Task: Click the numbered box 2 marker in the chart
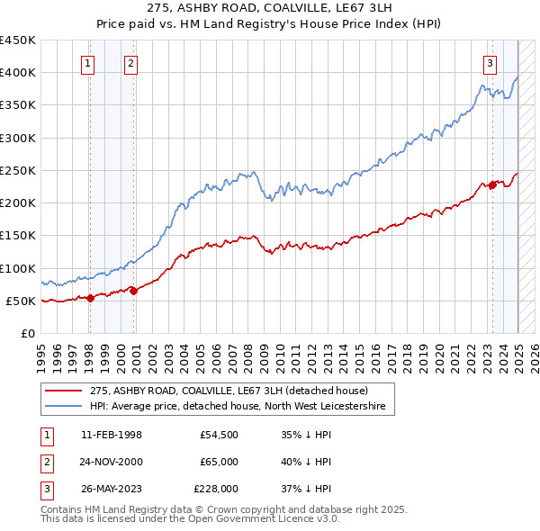click(x=131, y=63)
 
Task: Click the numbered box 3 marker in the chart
click(x=490, y=63)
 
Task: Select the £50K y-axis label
click(x=22, y=301)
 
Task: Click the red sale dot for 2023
click(x=492, y=184)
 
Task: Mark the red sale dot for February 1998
click(x=90, y=298)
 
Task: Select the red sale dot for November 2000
click(x=134, y=291)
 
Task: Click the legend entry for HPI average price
click(x=237, y=407)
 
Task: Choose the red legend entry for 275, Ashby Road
click(x=229, y=391)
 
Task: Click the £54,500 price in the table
click(x=219, y=435)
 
